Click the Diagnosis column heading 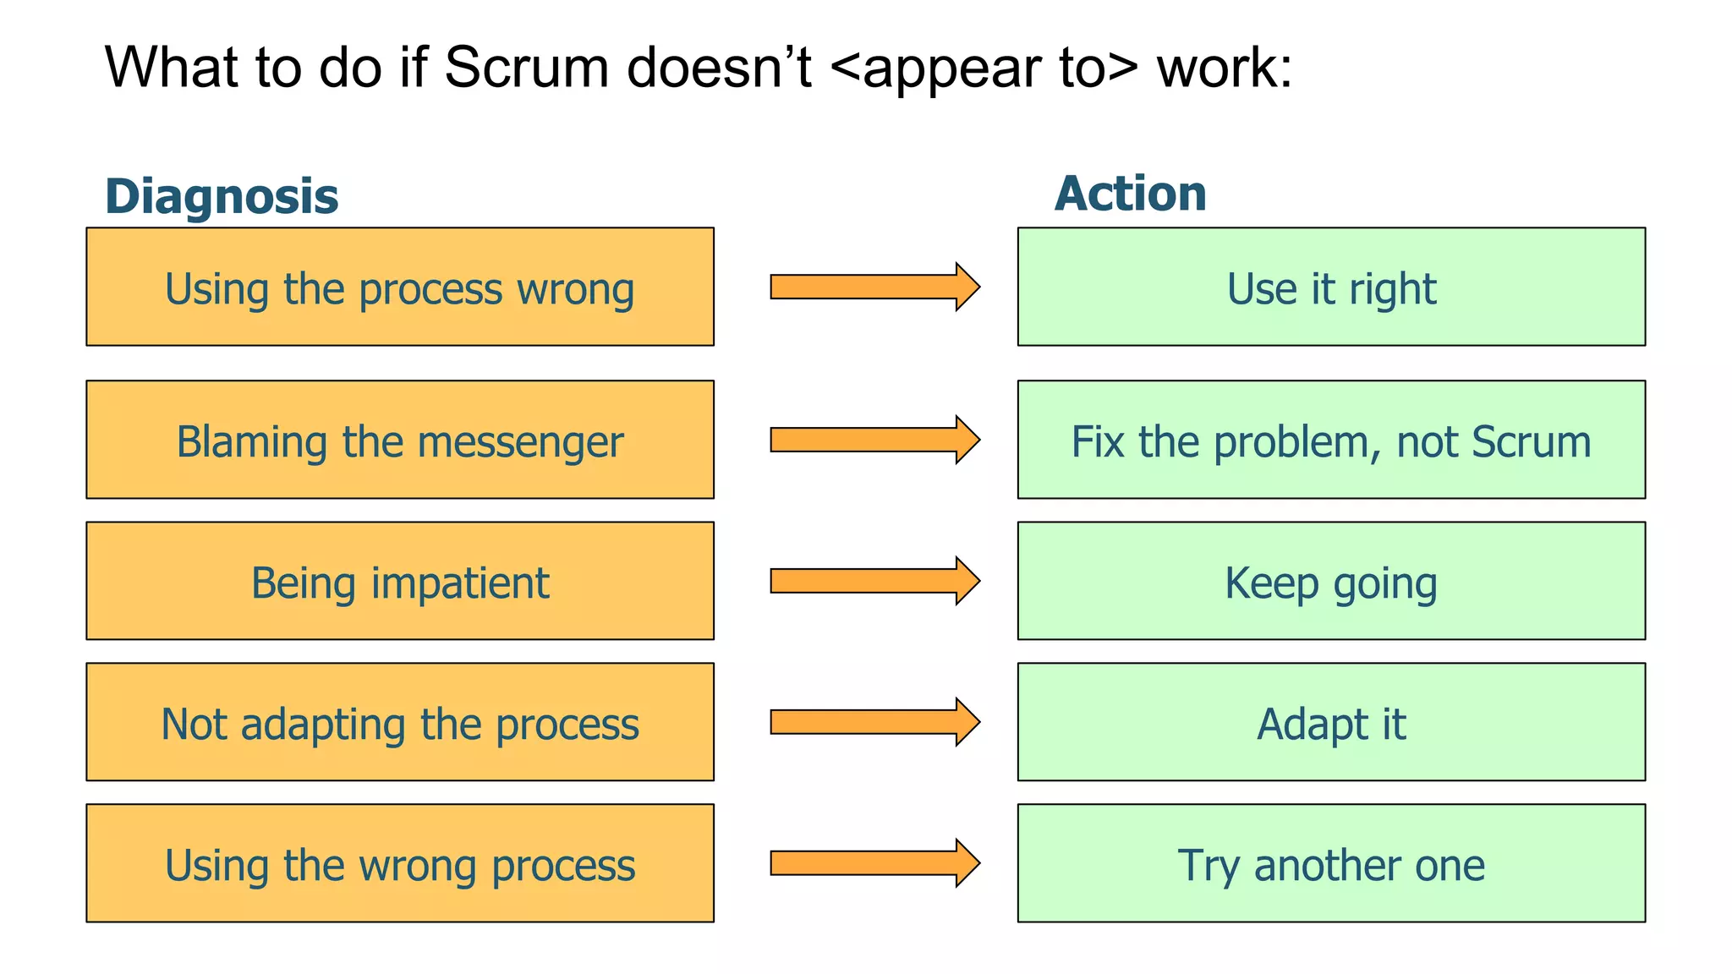[x=222, y=196]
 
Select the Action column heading [x=1130, y=194]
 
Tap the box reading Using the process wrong [x=400, y=287]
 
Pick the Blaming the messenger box [x=400, y=440]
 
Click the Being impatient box [x=400, y=581]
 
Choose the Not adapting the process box [x=400, y=722]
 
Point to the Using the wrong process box [x=400, y=863]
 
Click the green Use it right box [x=1331, y=287]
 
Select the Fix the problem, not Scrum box [x=1331, y=440]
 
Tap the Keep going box [x=1331, y=581]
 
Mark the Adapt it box [x=1331, y=722]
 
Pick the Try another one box [x=1331, y=863]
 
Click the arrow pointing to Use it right [x=874, y=287]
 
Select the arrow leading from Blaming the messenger [x=874, y=440]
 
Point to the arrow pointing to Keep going [x=874, y=581]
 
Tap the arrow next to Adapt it [x=874, y=722]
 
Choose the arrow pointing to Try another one [x=874, y=863]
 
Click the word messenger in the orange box [x=520, y=442]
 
